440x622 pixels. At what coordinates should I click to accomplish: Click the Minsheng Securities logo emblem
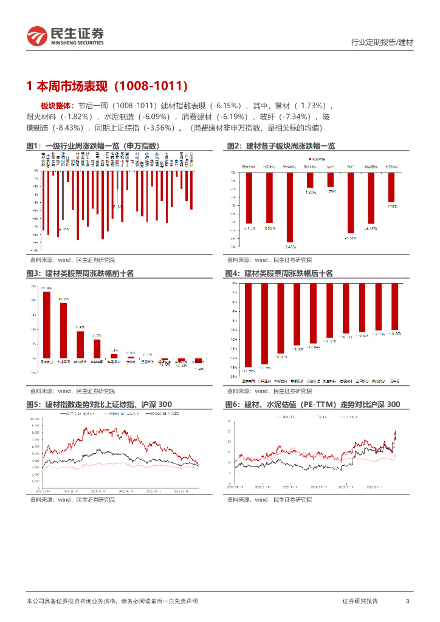[36, 36]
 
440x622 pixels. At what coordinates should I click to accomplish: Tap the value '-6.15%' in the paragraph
[230, 105]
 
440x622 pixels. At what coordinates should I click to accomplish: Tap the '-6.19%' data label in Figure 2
[371, 229]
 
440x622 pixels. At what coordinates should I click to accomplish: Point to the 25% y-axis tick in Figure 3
[32, 285]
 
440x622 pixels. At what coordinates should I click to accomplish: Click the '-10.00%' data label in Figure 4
[396, 333]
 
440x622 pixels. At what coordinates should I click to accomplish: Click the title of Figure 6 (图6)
[312, 405]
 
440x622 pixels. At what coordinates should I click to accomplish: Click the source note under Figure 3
[72, 391]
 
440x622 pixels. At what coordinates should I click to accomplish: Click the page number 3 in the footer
[407, 601]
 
